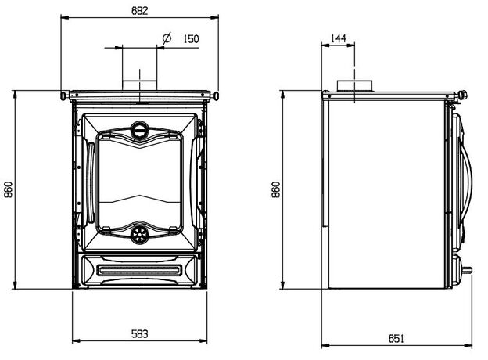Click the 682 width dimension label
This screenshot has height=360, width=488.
(139, 11)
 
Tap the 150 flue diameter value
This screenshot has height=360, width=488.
(191, 39)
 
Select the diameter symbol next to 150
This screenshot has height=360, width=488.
(167, 38)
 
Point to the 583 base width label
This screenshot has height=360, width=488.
(139, 334)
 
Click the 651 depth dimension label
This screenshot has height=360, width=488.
(396, 338)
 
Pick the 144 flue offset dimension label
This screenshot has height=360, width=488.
(338, 38)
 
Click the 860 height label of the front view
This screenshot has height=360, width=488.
(9, 189)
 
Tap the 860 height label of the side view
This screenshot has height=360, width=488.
(276, 189)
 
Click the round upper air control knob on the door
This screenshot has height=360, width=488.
(139, 130)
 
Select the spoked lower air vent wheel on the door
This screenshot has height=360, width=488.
(139, 234)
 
